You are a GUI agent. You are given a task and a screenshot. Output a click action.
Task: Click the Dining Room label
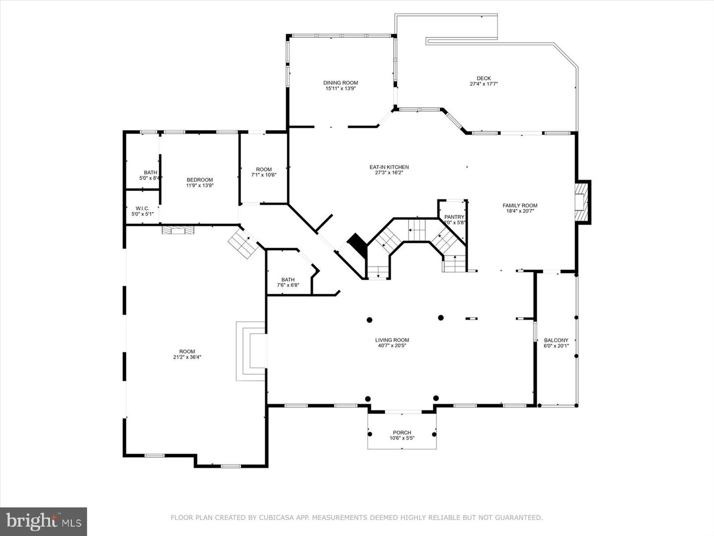(x=340, y=83)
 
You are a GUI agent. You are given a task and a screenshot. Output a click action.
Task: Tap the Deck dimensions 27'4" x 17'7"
(x=483, y=84)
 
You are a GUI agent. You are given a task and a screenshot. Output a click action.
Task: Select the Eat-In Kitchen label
(x=389, y=167)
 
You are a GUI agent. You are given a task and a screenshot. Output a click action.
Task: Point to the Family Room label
(x=520, y=205)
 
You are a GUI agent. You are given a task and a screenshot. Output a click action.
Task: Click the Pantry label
(x=454, y=217)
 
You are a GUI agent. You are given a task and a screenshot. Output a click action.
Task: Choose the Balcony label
(x=556, y=340)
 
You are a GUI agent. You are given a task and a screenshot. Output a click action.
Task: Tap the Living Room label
(x=392, y=340)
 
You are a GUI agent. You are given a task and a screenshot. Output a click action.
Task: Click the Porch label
(x=402, y=432)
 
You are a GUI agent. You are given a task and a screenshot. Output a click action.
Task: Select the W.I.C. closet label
(x=142, y=208)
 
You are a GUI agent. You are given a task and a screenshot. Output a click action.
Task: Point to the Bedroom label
(x=200, y=180)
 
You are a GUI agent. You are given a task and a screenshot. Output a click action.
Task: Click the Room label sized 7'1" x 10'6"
(x=264, y=169)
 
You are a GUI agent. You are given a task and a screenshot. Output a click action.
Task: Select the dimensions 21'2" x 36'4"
(x=187, y=357)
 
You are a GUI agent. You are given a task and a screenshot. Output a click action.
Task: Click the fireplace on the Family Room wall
(x=581, y=202)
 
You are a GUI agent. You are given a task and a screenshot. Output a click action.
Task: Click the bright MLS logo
(x=43, y=521)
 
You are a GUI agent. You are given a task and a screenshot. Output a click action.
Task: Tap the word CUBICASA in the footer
(x=275, y=518)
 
